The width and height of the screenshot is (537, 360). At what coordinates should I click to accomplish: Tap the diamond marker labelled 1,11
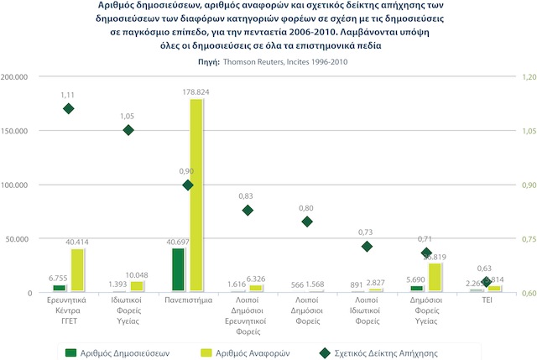[x=69, y=108]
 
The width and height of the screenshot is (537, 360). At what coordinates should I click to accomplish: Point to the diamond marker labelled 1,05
[x=128, y=130]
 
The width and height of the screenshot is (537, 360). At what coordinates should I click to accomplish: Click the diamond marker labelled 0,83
[x=248, y=210]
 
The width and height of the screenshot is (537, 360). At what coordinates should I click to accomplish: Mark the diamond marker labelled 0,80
[x=307, y=222]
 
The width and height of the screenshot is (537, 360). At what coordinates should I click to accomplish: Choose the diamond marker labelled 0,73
[x=367, y=246]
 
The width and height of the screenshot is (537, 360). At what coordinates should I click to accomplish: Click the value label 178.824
[x=196, y=91]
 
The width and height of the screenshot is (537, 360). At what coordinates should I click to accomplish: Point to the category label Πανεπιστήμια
[x=188, y=298]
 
